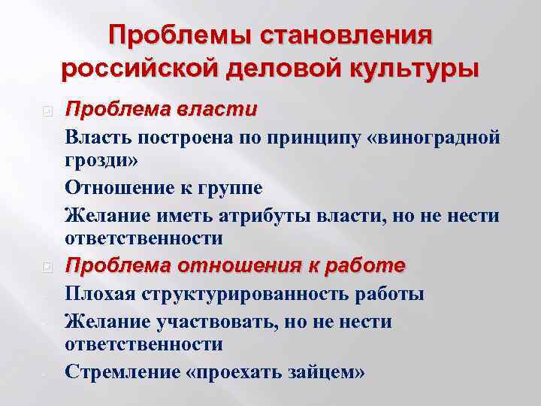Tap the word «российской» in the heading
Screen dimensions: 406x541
tap(140, 69)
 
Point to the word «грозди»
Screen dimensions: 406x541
tap(98, 161)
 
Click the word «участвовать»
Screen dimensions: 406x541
tap(222, 321)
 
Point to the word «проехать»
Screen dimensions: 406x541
tap(247, 371)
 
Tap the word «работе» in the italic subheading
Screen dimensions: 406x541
tap(367, 265)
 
